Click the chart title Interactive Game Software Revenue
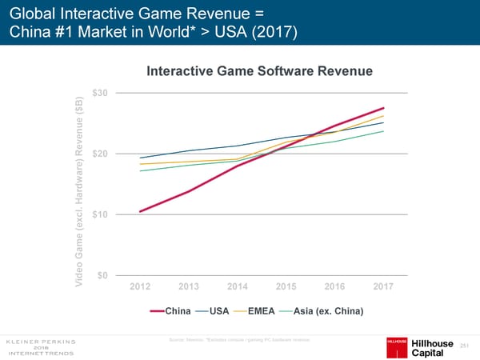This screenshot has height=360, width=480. pos(260,71)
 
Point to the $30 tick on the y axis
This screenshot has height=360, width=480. pos(101,93)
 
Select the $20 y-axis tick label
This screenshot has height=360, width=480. pos(101,154)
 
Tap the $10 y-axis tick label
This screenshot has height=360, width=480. pos(101,214)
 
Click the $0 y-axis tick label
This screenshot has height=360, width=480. pos(103,276)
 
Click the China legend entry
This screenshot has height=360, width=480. pos(178,311)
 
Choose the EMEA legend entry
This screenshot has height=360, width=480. pos(263,311)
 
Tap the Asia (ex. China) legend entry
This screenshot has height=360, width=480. pos(329,311)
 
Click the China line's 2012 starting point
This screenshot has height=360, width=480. pos(141,211)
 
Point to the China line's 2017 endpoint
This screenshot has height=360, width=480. pos(384,108)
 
